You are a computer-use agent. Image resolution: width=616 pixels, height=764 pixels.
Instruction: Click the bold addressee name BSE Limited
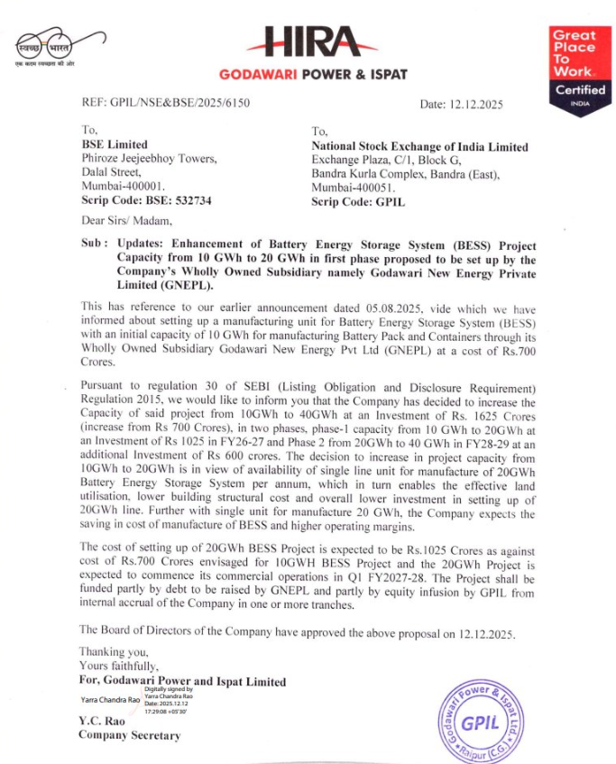click(115, 145)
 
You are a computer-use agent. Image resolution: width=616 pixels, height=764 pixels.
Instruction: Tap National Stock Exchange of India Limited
click(419, 147)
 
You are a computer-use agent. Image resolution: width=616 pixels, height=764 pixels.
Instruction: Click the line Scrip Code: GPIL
click(358, 202)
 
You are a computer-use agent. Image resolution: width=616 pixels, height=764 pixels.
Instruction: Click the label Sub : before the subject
click(93, 244)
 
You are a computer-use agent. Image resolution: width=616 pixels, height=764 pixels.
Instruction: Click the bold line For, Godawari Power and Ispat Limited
click(182, 682)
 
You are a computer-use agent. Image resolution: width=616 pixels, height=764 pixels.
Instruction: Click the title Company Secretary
click(129, 735)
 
